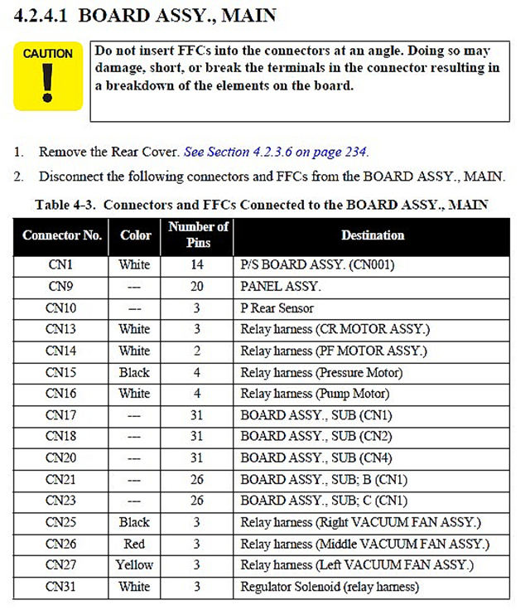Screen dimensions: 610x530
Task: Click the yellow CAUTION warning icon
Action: (48, 76)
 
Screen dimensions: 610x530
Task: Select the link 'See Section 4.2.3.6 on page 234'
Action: (276, 152)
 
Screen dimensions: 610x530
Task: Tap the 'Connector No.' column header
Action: (62, 235)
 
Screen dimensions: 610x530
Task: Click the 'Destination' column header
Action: (373, 235)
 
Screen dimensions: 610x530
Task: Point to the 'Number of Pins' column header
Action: (199, 235)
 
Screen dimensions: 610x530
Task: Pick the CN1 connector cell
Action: (62, 265)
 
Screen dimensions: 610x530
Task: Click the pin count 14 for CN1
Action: (199, 265)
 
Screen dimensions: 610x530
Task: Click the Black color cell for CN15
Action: (134, 372)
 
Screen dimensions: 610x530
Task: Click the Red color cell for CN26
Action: (134, 544)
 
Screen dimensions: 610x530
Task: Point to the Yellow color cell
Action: (134, 565)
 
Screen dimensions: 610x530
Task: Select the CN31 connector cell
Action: (62, 587)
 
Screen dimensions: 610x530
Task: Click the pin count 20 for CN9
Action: (199, 287)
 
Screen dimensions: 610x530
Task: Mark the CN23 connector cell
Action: (62, 501)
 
